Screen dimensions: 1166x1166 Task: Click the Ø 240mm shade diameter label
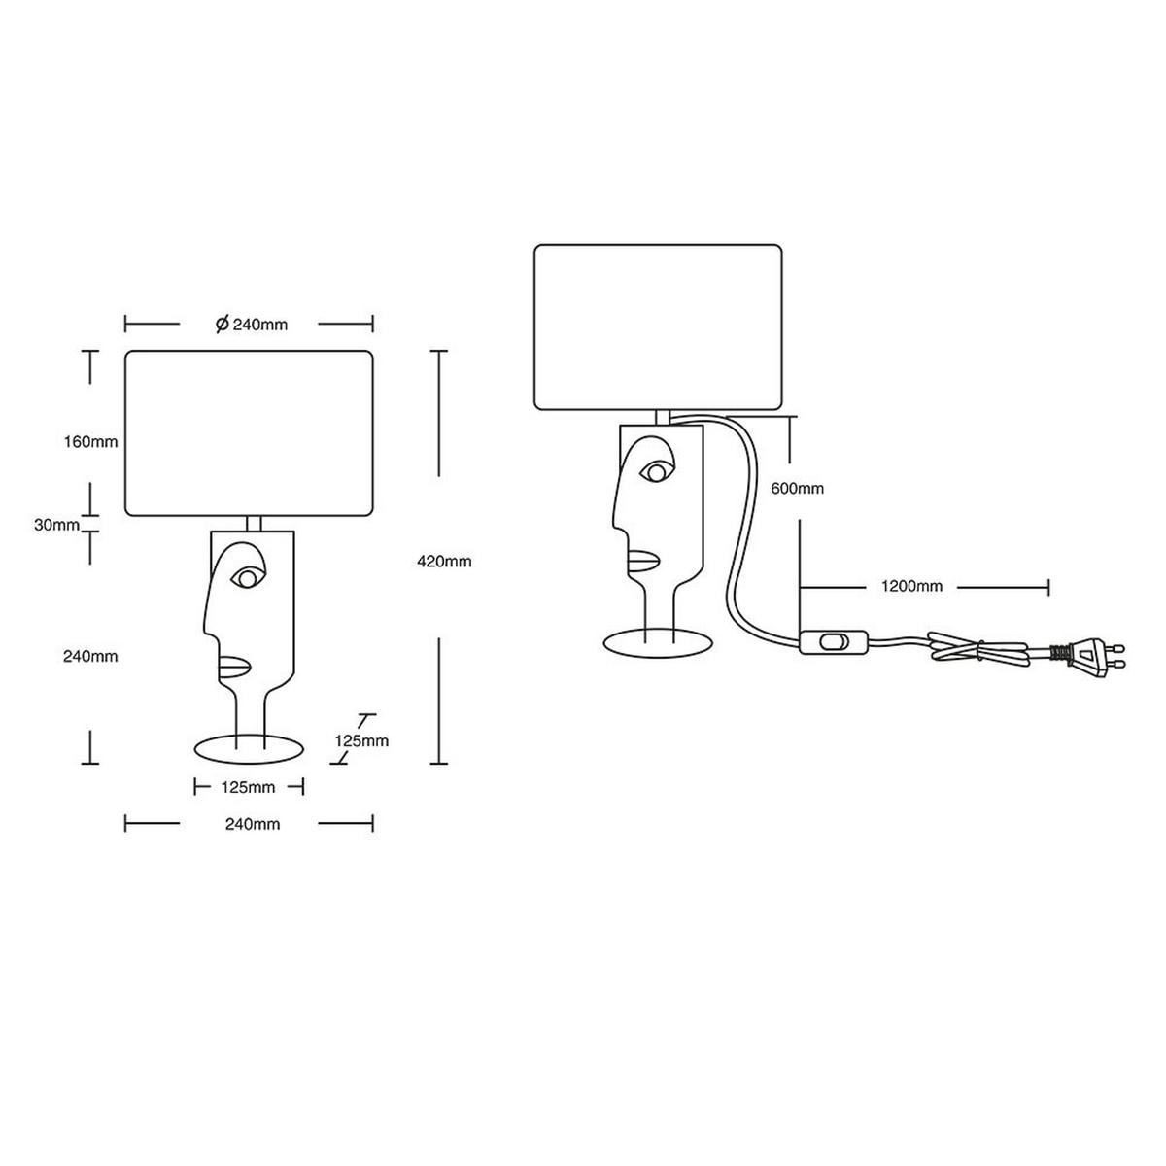(x=251, y=325)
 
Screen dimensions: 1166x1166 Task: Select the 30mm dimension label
(x=56, y=525)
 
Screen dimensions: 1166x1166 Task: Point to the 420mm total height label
(x=444, y=561)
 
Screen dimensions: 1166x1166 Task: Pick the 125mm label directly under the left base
(x=249, y=786)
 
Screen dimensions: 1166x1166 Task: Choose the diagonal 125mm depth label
(x=361, y=740)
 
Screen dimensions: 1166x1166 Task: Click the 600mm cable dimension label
(x=797, y=489)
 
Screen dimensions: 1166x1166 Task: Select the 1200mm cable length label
(x=911, y=586)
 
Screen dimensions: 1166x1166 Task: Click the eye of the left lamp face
(x=247, y=578)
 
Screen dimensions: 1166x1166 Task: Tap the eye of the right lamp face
(x=657, y=473)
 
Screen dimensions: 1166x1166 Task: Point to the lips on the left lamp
(x=234, y=666)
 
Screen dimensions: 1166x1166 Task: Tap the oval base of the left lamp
(x=251, y=748)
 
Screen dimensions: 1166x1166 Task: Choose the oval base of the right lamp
(x=660, y=642)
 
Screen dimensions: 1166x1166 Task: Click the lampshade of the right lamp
(x=659, y=326)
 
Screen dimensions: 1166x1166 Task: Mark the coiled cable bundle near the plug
(x=977, y=649)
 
